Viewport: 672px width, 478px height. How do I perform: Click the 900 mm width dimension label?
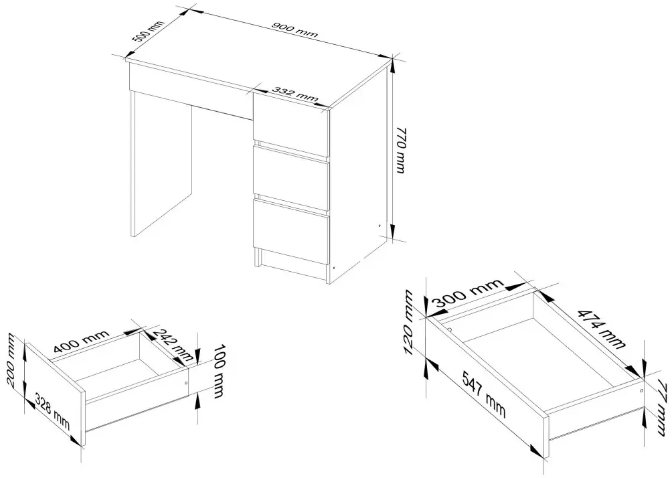click(295, 29)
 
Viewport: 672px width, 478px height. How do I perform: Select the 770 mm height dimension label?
click(400, 150)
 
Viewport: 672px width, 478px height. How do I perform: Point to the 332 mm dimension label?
click(295, 95)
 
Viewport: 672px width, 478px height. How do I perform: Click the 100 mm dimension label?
click(220, 371)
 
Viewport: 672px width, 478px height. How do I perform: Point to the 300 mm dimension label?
click(468, 296)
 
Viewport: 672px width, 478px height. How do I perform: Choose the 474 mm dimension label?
click(602, 328)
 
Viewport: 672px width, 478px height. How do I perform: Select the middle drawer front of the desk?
click(290, 179)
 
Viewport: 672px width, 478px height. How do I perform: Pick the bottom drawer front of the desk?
click(290, 232)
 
